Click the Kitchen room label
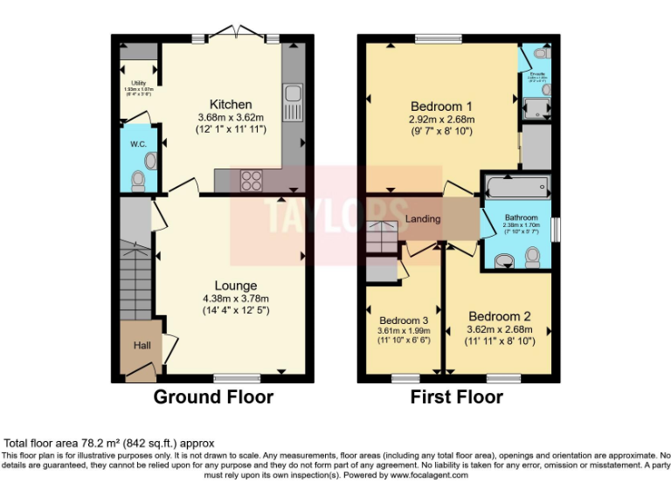pyautogui.click(x=231, y=104)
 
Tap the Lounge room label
pyautogui.click(x=236, y=286)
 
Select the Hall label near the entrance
pyautogui.click(x=142, y=346)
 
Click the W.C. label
pyautogui.click(x=137, y=143)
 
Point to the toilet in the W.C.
pyautogui.click(x=138, y=180)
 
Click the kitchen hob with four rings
pyautogui.click(x=252, y=180)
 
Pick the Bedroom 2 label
pyautogui.click(x=499, y=316)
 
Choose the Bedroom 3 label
pyautogui.click(x=404, y=320)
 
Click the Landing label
pyautogui.click(x=422, y=218)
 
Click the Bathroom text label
pyautogui.click(x=520, y=217)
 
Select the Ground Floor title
pyautogui.click(x=213, y=397)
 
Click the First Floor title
pyautogui.click(x=457, y=397)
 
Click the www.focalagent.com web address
pyautogui.click(x=429, y=476)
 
